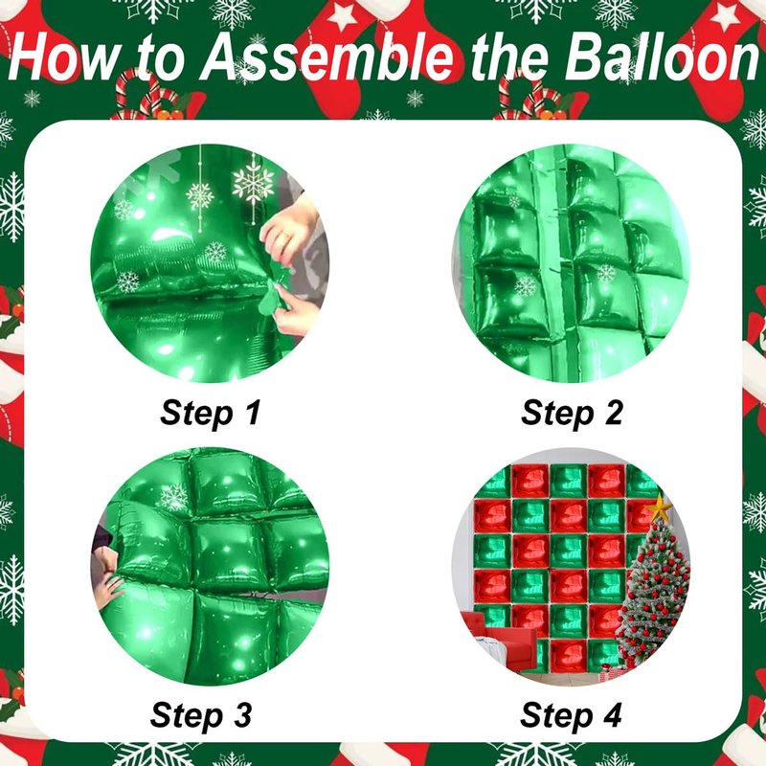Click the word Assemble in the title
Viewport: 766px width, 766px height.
point(327,57)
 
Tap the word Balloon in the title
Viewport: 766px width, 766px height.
point(661,57)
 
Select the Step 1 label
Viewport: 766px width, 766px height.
point(211,413)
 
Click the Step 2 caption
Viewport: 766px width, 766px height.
point(572,413)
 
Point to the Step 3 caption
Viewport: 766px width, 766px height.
point(201,715)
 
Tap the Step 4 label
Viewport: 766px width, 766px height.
point(571,715)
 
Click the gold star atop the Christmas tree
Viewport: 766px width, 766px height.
point(660,507)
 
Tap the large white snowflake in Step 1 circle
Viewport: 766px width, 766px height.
point(253,183)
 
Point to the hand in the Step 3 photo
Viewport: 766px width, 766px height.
point(107,589)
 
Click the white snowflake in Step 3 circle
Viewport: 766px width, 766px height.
point(174,498)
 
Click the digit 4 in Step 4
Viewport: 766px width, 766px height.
point(611,715)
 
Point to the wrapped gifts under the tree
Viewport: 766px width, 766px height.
point(608,672)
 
